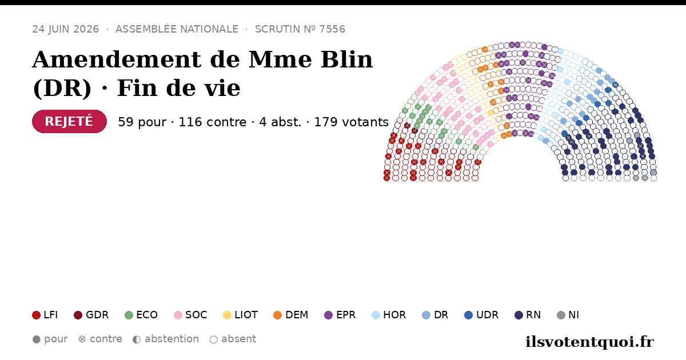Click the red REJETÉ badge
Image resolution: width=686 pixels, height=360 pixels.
[x=69, y=121]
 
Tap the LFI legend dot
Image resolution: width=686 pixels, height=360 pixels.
[x=36, y=315]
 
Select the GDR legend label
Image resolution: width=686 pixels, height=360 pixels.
[x=97, y=315]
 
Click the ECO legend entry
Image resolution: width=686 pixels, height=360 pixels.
[x=141, y=315]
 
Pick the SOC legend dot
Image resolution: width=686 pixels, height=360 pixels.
[x=178, y=315]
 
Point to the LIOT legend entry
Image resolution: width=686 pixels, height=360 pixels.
[x=241, y=315]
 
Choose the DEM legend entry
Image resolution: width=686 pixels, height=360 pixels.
[x=290, y=315]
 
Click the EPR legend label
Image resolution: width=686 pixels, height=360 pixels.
[x=346, y=315]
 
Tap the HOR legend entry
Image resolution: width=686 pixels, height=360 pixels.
[x=389, y=315]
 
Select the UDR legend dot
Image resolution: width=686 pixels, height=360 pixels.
[x=469, y=315]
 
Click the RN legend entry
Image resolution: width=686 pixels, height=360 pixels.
[x=528, y=315]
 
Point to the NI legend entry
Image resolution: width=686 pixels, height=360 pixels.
[x=568, y=315]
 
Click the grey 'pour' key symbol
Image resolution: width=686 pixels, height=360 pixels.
[x=37, y=339]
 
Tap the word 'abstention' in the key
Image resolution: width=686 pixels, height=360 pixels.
[x=171, y=339]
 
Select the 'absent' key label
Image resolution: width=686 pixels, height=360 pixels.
[x=238, y=339]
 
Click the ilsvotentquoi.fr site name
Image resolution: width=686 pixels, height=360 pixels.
[x=589, y=342]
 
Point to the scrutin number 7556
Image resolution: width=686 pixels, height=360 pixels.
[x=332, y=29]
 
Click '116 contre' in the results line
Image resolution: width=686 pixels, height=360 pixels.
[x=212, y=122]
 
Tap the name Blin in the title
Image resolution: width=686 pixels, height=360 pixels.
[x=346, y=59]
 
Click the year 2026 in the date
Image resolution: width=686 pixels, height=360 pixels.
[x=86, y=29]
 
